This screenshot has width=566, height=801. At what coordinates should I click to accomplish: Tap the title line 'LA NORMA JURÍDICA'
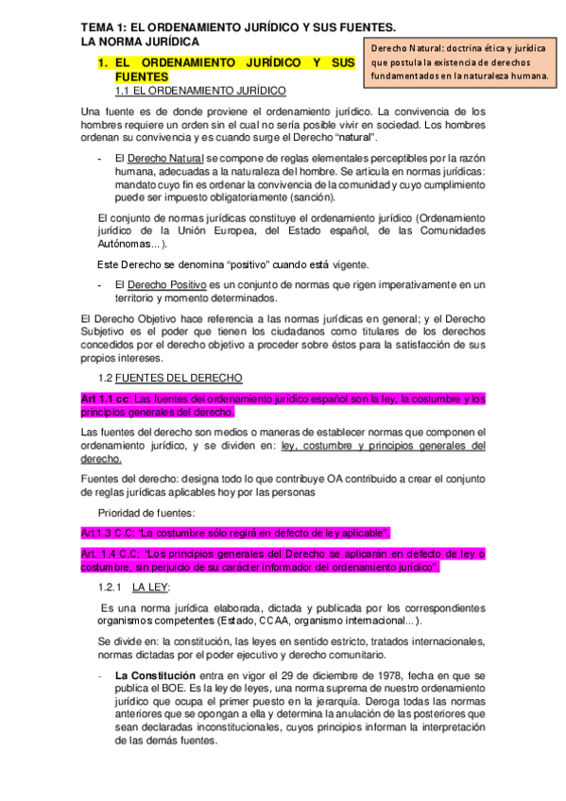pos(140,43)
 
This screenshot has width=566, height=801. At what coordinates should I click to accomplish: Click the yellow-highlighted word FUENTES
pos(141,77)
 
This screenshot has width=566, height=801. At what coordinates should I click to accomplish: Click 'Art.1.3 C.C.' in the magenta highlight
pos(110,533)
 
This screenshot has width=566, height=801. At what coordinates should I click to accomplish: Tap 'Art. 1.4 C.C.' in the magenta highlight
pos(112,554)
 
